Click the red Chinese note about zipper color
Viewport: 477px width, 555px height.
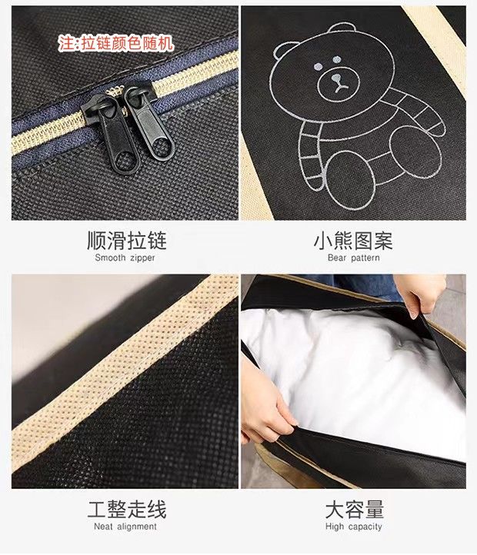pyautogui.click(x=116, y=44)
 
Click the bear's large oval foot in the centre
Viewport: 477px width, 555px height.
pyautogui.click(x=349, y=181)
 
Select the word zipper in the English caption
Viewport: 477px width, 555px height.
pyautogui.click(x=142, y=258)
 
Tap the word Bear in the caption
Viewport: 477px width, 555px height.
pyautogui.click(x=337, y=258)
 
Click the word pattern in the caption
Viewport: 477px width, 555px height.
pyautogui.click(x=365, y=258)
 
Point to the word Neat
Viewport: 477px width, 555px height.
pyautogui.click(x=104, y=527)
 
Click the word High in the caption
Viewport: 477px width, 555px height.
pyautogui.click(x=335, y=527)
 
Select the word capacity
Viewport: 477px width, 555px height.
pyautogui.click(x=365, y=527)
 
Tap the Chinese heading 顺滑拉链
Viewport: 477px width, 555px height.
pyautogui.click(x=126, y=241)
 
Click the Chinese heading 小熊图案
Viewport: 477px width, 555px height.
pyautogui.click(x=353, y=241)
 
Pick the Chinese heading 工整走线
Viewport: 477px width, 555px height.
pyautogui.click(x=126, y=510)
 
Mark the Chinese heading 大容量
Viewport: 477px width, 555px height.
pyautogui.click(x=355, y=510)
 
